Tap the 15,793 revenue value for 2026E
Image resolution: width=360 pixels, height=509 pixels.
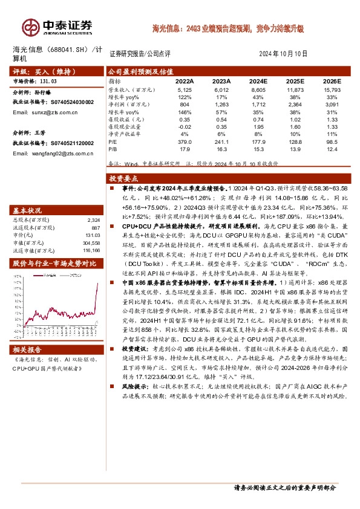pos(329,89)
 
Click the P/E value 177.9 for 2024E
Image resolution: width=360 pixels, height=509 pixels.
pos(258,142)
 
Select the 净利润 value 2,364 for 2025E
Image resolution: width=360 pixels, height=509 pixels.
pos(295,104)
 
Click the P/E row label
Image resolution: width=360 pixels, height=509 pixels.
pos(113,142)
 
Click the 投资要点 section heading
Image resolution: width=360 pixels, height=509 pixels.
pos(124,180)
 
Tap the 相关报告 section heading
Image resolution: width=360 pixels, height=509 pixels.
pos(28,349)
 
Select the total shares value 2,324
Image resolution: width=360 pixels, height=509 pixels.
pos(93,220)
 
